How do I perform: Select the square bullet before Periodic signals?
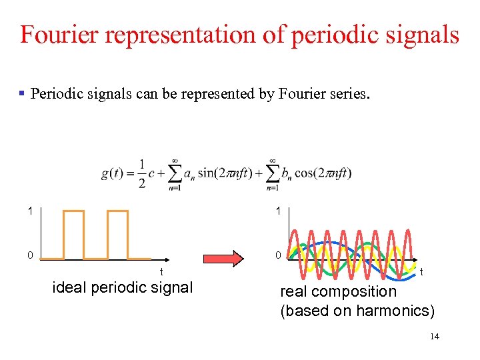23,93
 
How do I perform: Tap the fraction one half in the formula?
141,173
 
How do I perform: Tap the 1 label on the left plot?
29,211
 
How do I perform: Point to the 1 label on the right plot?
278,211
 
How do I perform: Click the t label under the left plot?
161,271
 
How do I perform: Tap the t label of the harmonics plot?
423,271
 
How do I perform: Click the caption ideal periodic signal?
123,288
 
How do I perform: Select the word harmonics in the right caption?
393,310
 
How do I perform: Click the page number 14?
435,337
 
